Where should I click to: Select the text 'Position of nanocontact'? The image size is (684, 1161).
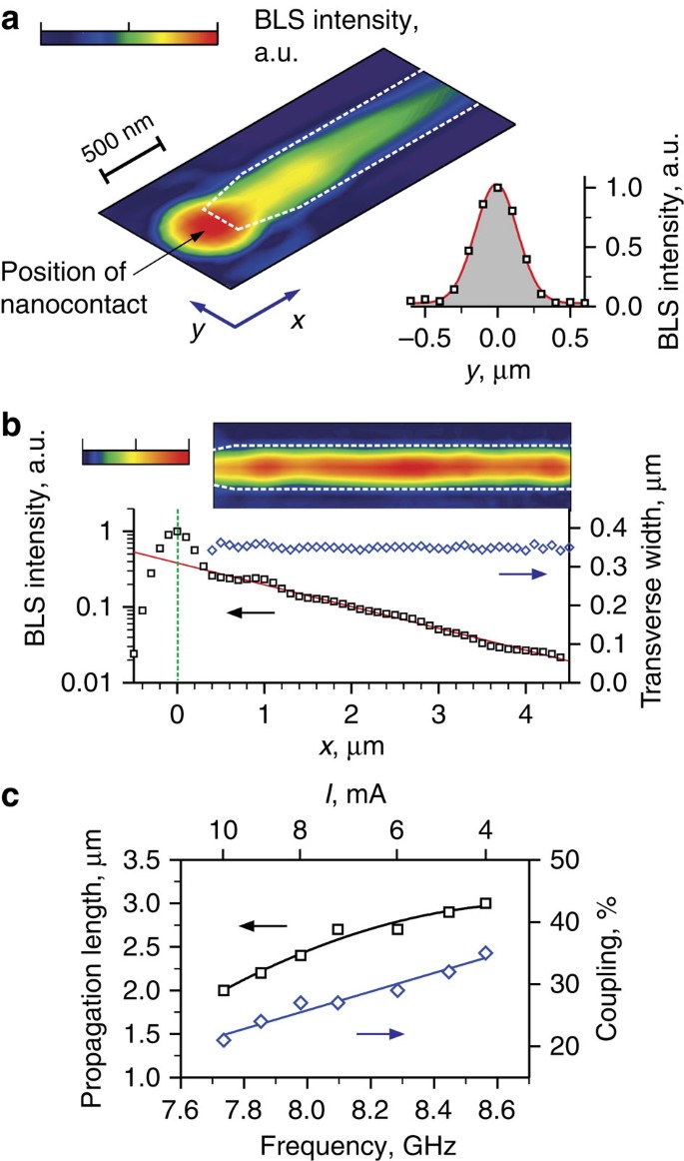click(x=76, y=285)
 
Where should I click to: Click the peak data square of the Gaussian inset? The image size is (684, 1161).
click(x=497, y=187)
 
